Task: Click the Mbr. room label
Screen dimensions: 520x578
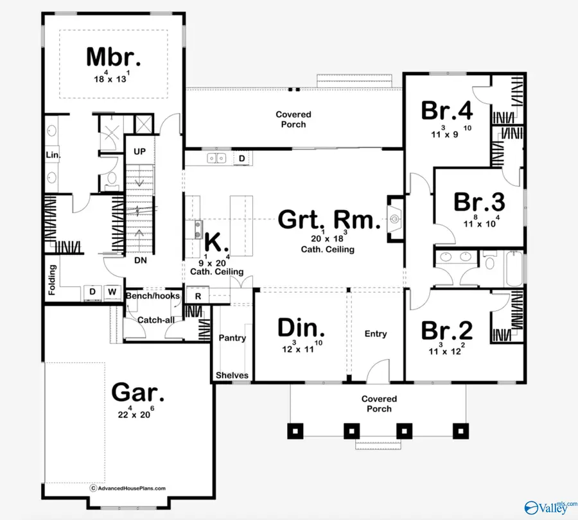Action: coord(113,56)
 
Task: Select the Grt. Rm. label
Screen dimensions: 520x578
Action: coord(326,220)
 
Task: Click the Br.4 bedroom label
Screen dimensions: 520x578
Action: coord(447,110)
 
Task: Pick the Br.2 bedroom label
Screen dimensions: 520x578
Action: coord(447,331)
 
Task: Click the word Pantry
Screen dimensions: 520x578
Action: coord(232,338)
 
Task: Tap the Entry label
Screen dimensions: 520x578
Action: coord(376,334)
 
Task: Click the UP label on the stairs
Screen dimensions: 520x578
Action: coord(140,152)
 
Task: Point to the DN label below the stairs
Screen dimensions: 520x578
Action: coord(141,261)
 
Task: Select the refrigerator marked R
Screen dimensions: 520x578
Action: coord(198,297)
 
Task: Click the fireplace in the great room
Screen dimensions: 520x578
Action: coord(394,220)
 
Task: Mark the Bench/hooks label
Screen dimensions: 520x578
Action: coord(153,296)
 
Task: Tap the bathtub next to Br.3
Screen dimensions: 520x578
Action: coord(514,270)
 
